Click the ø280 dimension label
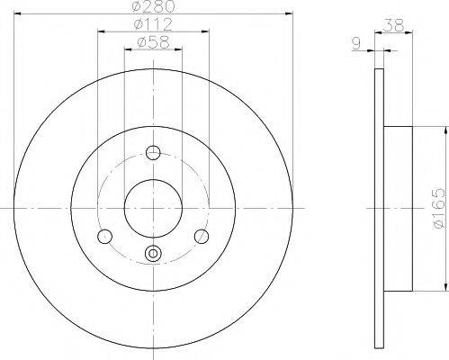tap(153, 6)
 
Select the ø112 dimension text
tap(153, 24)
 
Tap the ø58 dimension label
tap(153, 42)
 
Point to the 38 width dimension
tap(394, 25)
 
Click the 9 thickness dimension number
tap(356, 44)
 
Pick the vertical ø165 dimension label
tap(439, 209)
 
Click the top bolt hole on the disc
tap(153, 152)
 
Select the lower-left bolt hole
tap(105, 237)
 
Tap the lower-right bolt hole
tap(202, 237)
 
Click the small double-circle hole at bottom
tap(153, 253)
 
